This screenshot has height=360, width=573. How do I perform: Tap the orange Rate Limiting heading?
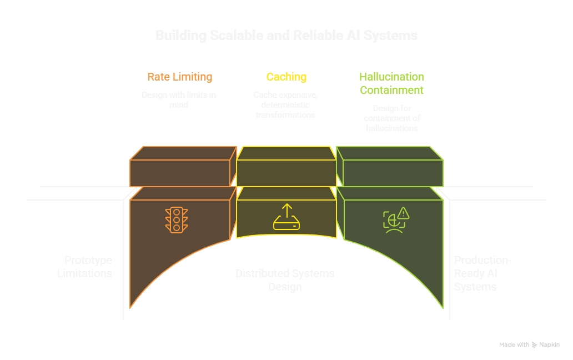[x=179, y=77]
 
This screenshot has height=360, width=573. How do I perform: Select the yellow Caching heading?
[x=286, y=77]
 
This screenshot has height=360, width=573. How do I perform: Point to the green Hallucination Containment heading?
[x=391, y=83]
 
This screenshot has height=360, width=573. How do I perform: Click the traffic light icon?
[x=177, y=219]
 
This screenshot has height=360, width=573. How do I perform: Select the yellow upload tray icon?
[x=286, y=217]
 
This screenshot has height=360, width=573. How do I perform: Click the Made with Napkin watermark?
[x=529, y=345]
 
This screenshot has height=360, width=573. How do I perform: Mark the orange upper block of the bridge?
[x=179, y=167]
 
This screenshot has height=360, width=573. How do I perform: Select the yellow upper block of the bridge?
[x=286, y=167]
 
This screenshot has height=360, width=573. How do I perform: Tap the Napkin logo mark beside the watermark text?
[x=535, y=345]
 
